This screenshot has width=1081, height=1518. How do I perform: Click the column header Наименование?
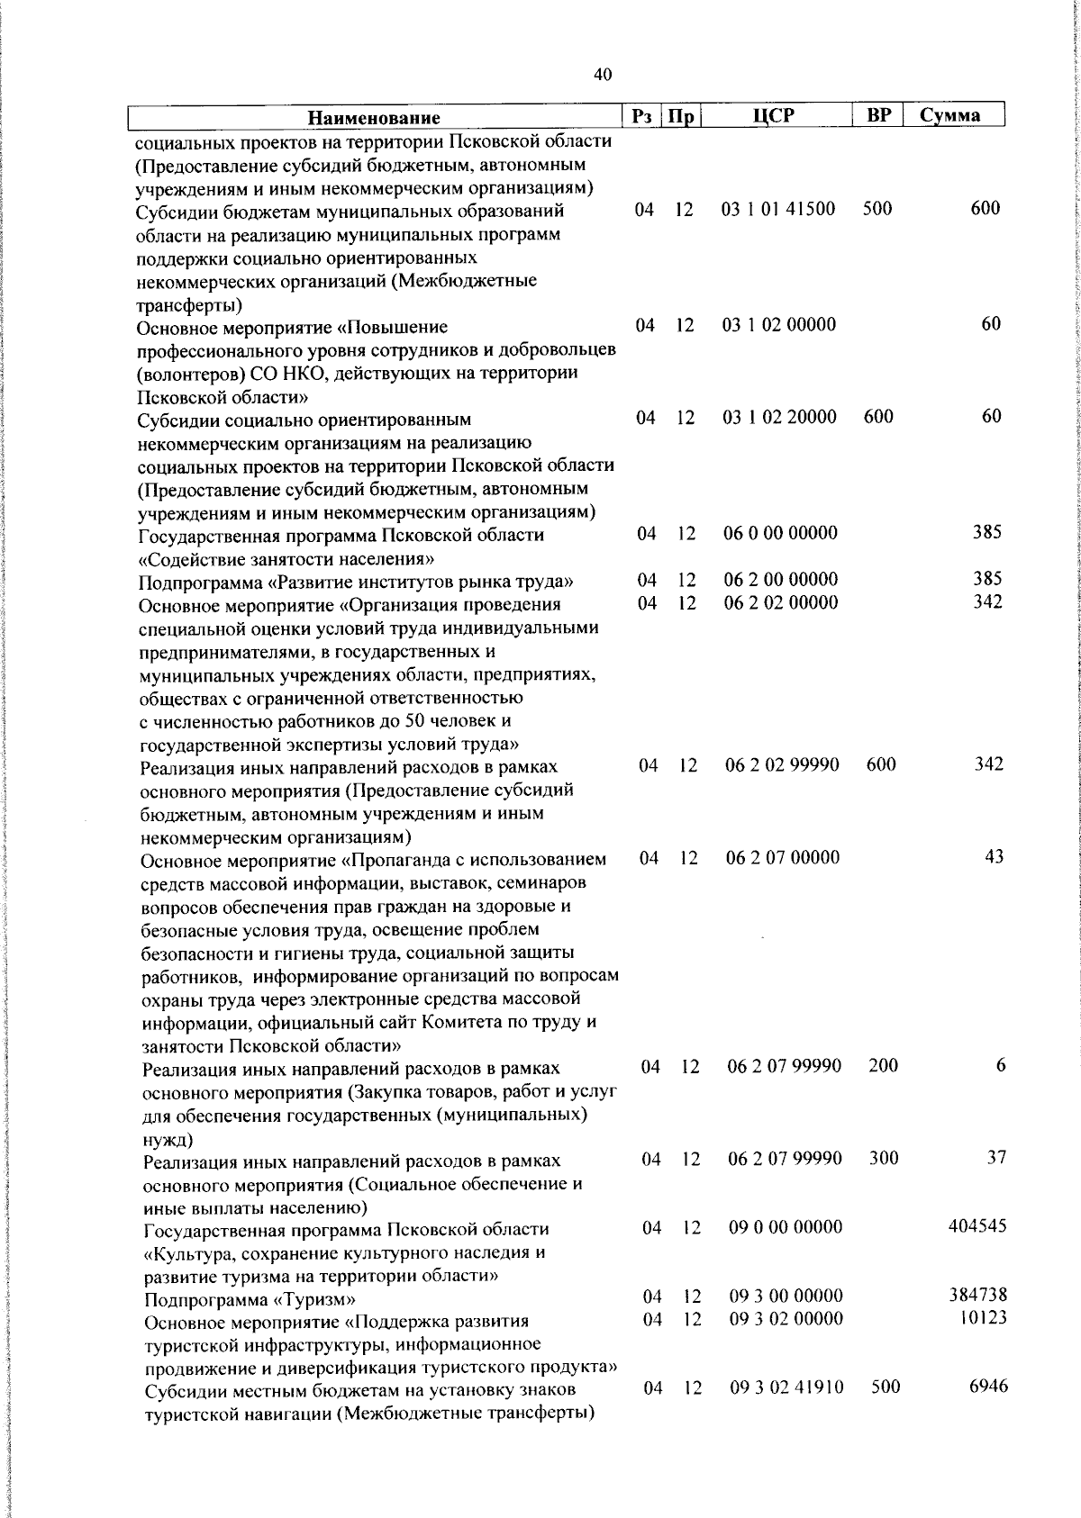[374, 118]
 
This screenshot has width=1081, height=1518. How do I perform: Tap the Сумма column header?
[950, 116]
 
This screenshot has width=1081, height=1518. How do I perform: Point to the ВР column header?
[878, 116]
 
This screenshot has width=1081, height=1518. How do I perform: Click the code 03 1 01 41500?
[778, 209]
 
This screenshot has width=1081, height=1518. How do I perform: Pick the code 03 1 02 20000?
[779, 417]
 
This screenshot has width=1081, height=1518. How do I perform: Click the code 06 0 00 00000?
[780, 533]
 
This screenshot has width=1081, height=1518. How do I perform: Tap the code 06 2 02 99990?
[782, 765]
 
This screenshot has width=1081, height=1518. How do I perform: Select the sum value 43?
[994, 857]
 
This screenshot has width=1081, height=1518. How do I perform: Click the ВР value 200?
[884, 1066]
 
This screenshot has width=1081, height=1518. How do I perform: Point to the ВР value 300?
[884, 1158]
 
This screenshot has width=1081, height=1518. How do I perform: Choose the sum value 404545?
[977, 1227]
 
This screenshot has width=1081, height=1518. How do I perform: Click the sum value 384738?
[977, 1296]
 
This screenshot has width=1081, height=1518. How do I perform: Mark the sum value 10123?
[982, 1318]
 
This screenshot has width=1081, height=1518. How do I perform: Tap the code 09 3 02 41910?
[786, 1387]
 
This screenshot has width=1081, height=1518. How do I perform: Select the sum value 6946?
[988, 1387]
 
